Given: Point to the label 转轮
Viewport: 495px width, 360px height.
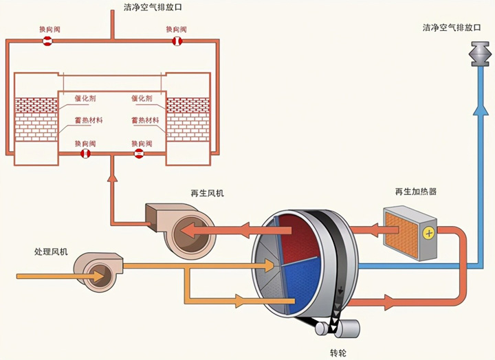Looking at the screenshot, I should click(x=338, y=352).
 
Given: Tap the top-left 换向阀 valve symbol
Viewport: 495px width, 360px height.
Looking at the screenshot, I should click(x=47, y=42).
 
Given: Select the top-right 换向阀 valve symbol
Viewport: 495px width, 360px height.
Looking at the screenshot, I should click(x=177, y=42).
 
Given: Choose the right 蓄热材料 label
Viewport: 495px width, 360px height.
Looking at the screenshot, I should click(x=146, y=120).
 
